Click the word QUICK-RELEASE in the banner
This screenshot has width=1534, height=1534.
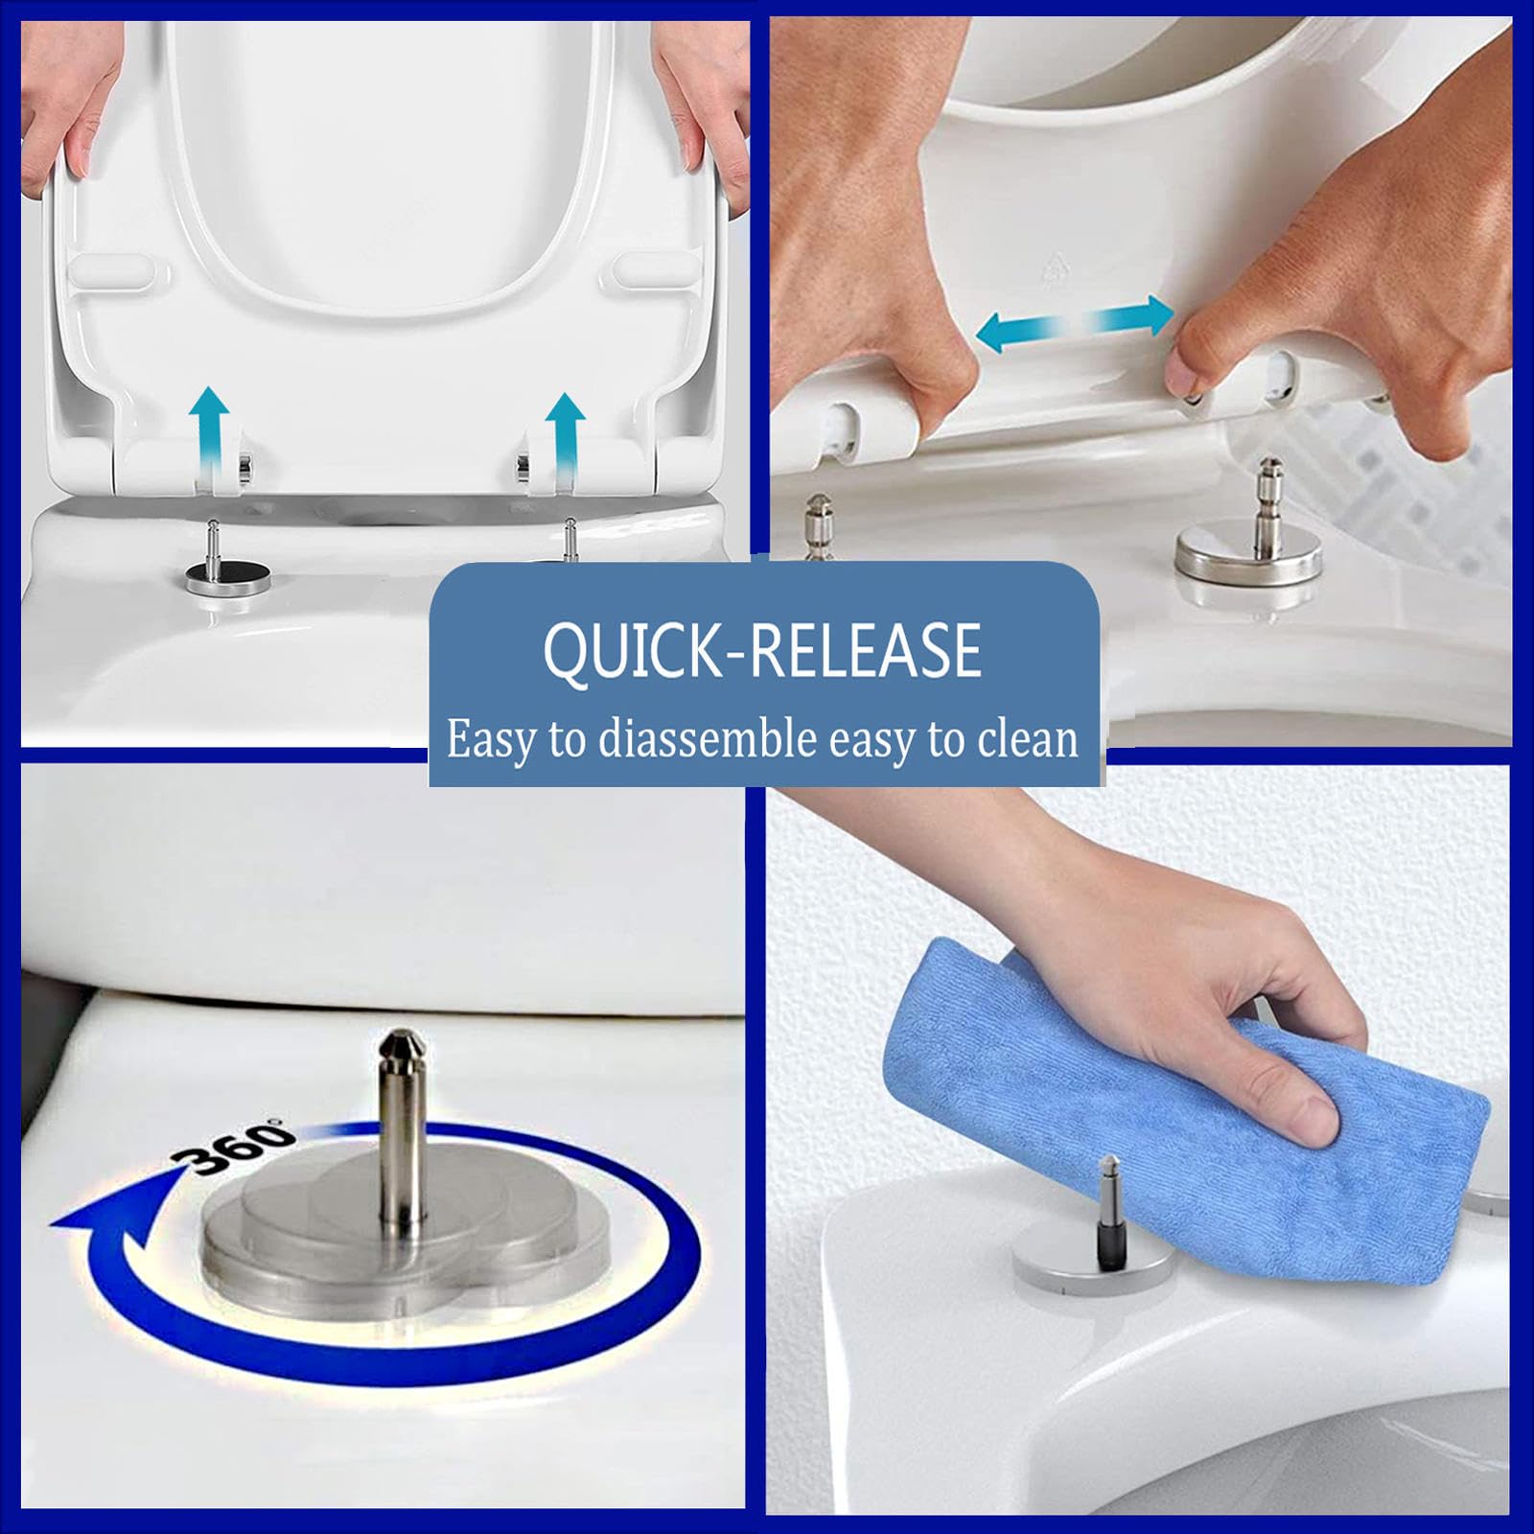coord(762,650)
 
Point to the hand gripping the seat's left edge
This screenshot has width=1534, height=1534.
coord(67,96)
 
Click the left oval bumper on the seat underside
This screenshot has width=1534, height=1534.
coord(112,270)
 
